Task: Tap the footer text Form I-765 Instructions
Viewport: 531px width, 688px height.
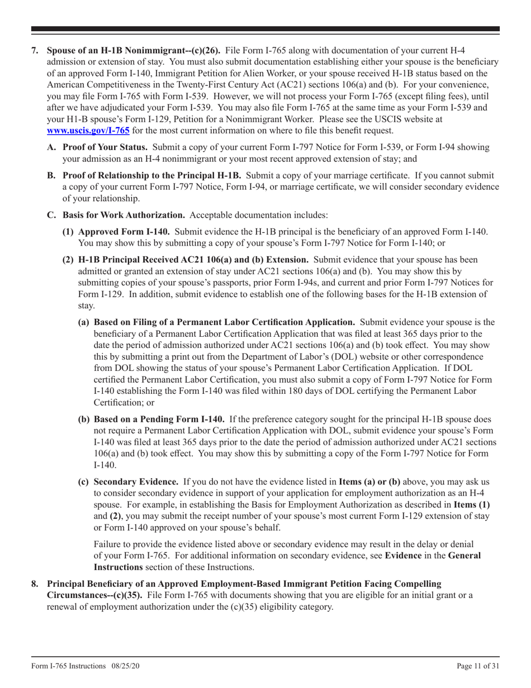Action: pos(68,667)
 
